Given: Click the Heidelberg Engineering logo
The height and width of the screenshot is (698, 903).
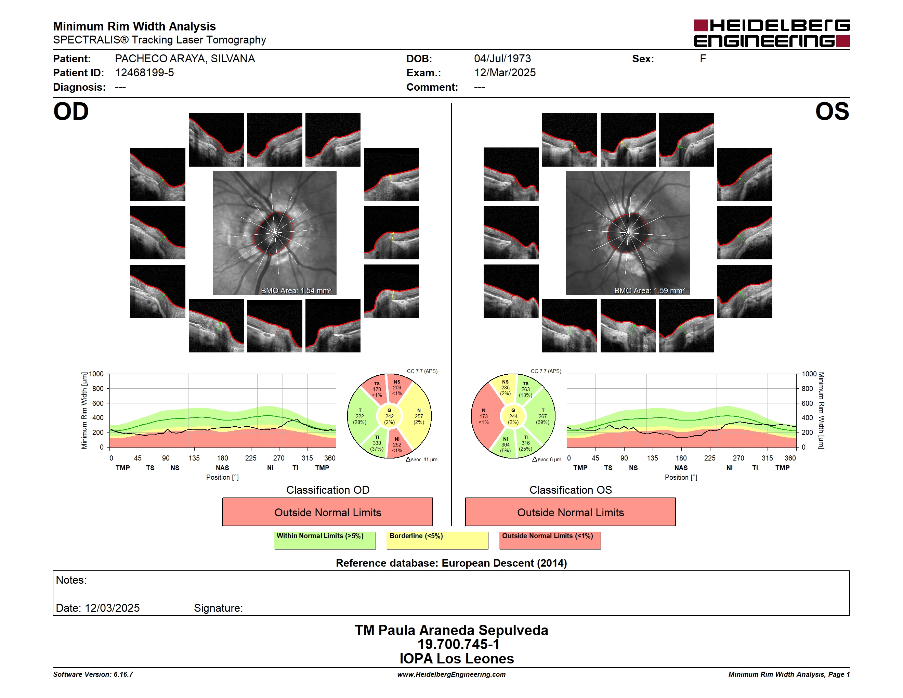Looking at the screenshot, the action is (x=772, y=33).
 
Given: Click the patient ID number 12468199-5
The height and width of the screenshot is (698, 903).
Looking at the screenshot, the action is (x=144, y=73).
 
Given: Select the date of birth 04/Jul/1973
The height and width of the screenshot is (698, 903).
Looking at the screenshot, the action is (x=502, y=59).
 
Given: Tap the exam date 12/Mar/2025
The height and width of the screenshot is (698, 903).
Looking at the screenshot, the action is (x=505, y=73).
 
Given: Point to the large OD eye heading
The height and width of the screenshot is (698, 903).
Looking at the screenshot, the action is (x=71, y=112).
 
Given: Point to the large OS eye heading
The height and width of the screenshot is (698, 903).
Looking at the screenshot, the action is (x=832, y=112).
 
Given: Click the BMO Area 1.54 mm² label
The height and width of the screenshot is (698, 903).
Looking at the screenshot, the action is (x=296, y=291).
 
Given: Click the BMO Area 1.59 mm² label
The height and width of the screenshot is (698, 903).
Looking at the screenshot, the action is (x=649, y=291).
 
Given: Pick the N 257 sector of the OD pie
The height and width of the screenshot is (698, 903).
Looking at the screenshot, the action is (x=418, y=416).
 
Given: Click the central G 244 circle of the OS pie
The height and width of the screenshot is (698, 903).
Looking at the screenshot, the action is (x=513, y=416).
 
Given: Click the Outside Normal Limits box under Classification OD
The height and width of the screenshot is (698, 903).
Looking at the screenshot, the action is (x=327, y=512).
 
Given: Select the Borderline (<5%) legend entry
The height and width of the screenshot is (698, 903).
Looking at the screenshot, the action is (x=437, y=540).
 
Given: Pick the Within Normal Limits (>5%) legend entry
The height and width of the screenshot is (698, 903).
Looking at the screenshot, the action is (x=325, y=540).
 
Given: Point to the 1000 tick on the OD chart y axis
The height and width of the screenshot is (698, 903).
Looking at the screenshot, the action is (x=96, y=374).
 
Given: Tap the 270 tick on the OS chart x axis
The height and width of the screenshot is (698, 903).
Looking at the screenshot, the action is (x=738, y=458).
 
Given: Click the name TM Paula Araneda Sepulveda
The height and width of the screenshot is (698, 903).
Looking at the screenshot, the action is (x=451, y=630).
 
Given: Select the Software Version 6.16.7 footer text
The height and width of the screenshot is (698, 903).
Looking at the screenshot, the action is (x=93, y=674).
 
